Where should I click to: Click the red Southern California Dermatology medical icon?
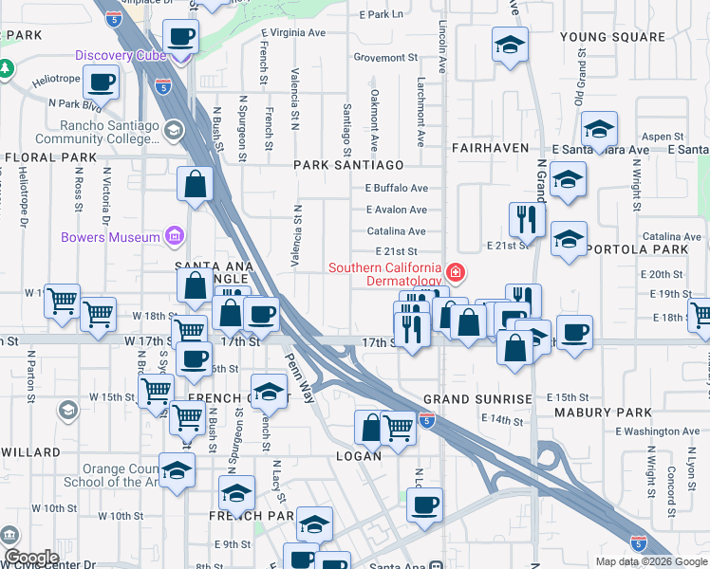click(457, 274)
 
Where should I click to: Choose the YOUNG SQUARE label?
click(612, 37)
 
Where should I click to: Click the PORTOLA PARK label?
click(637, 249)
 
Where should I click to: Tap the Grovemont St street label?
click(385, 57)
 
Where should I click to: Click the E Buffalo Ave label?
click(396, 188)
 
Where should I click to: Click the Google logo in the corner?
click(31, 558)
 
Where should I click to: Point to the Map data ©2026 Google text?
click(650, 561)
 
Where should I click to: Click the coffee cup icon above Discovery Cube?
click(180, 38)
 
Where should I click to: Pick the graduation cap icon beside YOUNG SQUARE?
click(510, 44)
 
